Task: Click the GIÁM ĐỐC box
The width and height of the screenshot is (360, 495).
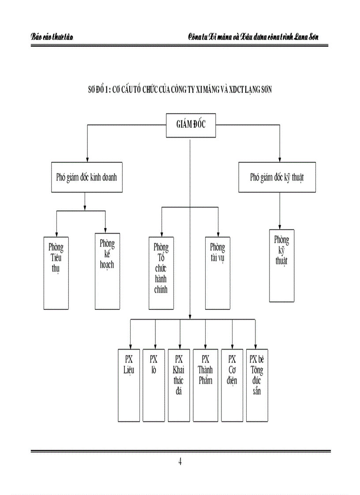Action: click(x=191, y=126)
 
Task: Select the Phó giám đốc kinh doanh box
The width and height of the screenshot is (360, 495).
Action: click(x=86, y=177)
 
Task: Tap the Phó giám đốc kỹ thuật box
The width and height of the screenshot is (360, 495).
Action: click(x=277, y=177)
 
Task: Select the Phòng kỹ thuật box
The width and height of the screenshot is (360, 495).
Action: click(x=281, y=265)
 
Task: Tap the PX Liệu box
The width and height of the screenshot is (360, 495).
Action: click(x=130, y=385)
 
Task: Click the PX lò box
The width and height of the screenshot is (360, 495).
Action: click(x=155, y=385)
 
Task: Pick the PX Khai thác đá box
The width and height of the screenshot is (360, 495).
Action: click(x=180, y=385)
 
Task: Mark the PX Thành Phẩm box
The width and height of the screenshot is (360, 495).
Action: click(x=205, y=385)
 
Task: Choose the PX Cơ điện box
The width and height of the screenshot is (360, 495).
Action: click(x=232, y=385)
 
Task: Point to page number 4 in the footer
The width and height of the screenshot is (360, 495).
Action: click(x=180, y=462)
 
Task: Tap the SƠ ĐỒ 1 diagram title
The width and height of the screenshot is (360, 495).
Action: click(x=180, y=90)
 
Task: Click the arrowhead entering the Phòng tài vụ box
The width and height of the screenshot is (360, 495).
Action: click(x=218, y=234)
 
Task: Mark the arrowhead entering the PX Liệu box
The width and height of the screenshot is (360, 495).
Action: click(x=130, y=346)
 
